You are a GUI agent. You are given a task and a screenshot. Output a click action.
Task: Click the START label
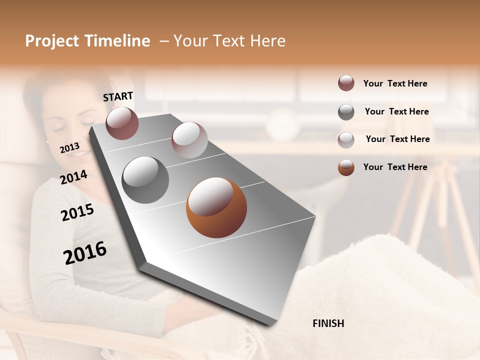[x=118, y=96]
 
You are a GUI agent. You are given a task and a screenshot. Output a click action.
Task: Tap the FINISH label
[x=328, y=323]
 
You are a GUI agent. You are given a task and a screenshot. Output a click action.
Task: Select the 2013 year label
[x=70, y=147]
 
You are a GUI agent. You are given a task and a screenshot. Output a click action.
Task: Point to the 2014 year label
[x=73, y=177]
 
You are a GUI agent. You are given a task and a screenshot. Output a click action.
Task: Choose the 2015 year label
[x=77, y=212]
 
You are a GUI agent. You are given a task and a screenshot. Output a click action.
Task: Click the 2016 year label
[x=85, y=252]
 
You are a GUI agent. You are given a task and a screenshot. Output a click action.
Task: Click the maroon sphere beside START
[x=122, y=123]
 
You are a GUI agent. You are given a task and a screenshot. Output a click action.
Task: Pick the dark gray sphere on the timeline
[x=145, y=179]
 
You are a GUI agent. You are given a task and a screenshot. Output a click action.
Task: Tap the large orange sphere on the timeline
[x=216, y=207]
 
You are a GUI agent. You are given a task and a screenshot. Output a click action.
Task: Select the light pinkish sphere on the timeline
[x=189, y=140]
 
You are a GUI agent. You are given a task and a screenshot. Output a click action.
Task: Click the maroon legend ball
[x=346, y=83]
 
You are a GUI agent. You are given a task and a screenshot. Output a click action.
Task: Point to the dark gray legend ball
[x=346, y=112]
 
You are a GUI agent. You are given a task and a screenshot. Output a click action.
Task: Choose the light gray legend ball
[x=346, y=140]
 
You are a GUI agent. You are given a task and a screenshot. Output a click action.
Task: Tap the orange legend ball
[x=346, y=167]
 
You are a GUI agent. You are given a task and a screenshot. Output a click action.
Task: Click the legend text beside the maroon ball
[x=395, y=84]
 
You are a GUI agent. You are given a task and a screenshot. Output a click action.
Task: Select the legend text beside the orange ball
[x=395, y=167]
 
